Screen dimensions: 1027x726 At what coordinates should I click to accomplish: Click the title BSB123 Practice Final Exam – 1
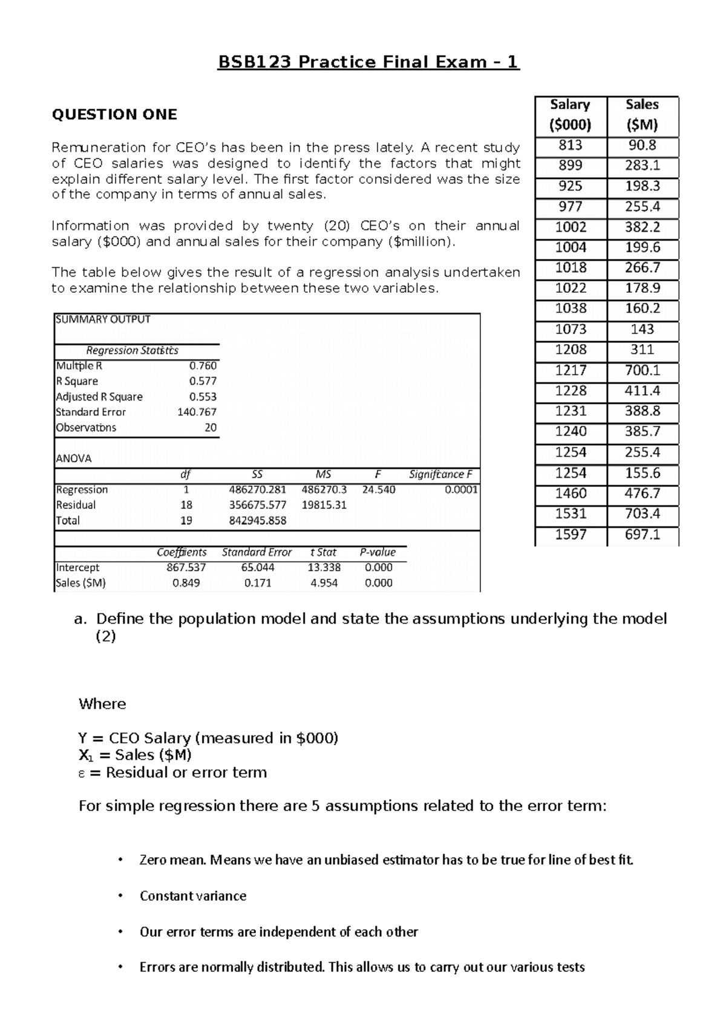368,62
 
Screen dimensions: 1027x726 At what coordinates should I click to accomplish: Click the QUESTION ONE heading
114,115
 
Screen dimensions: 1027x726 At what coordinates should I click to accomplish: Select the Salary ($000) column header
570,115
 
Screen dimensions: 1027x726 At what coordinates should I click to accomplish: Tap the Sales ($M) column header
642,115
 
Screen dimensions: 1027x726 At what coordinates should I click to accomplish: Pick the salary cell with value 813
571,145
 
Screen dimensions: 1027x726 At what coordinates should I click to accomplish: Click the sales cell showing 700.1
642,370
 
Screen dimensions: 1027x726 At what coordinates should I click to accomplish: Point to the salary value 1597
571,534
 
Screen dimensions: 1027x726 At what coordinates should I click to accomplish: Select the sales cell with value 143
642,329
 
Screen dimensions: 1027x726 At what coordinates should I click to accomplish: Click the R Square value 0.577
203,381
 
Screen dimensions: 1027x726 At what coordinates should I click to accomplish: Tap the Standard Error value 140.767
197,412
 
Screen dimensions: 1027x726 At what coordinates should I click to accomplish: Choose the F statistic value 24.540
378,489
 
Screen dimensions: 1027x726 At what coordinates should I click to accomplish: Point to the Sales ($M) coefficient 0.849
186,583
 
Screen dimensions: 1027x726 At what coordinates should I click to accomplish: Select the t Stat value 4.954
324,583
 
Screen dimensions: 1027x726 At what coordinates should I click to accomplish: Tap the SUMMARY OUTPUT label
103,319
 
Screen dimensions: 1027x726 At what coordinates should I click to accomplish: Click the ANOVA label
74,458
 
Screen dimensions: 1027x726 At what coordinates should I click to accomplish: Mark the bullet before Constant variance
121,896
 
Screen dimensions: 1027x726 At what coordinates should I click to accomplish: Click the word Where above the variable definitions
102,704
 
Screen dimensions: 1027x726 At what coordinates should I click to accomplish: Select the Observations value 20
210,428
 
